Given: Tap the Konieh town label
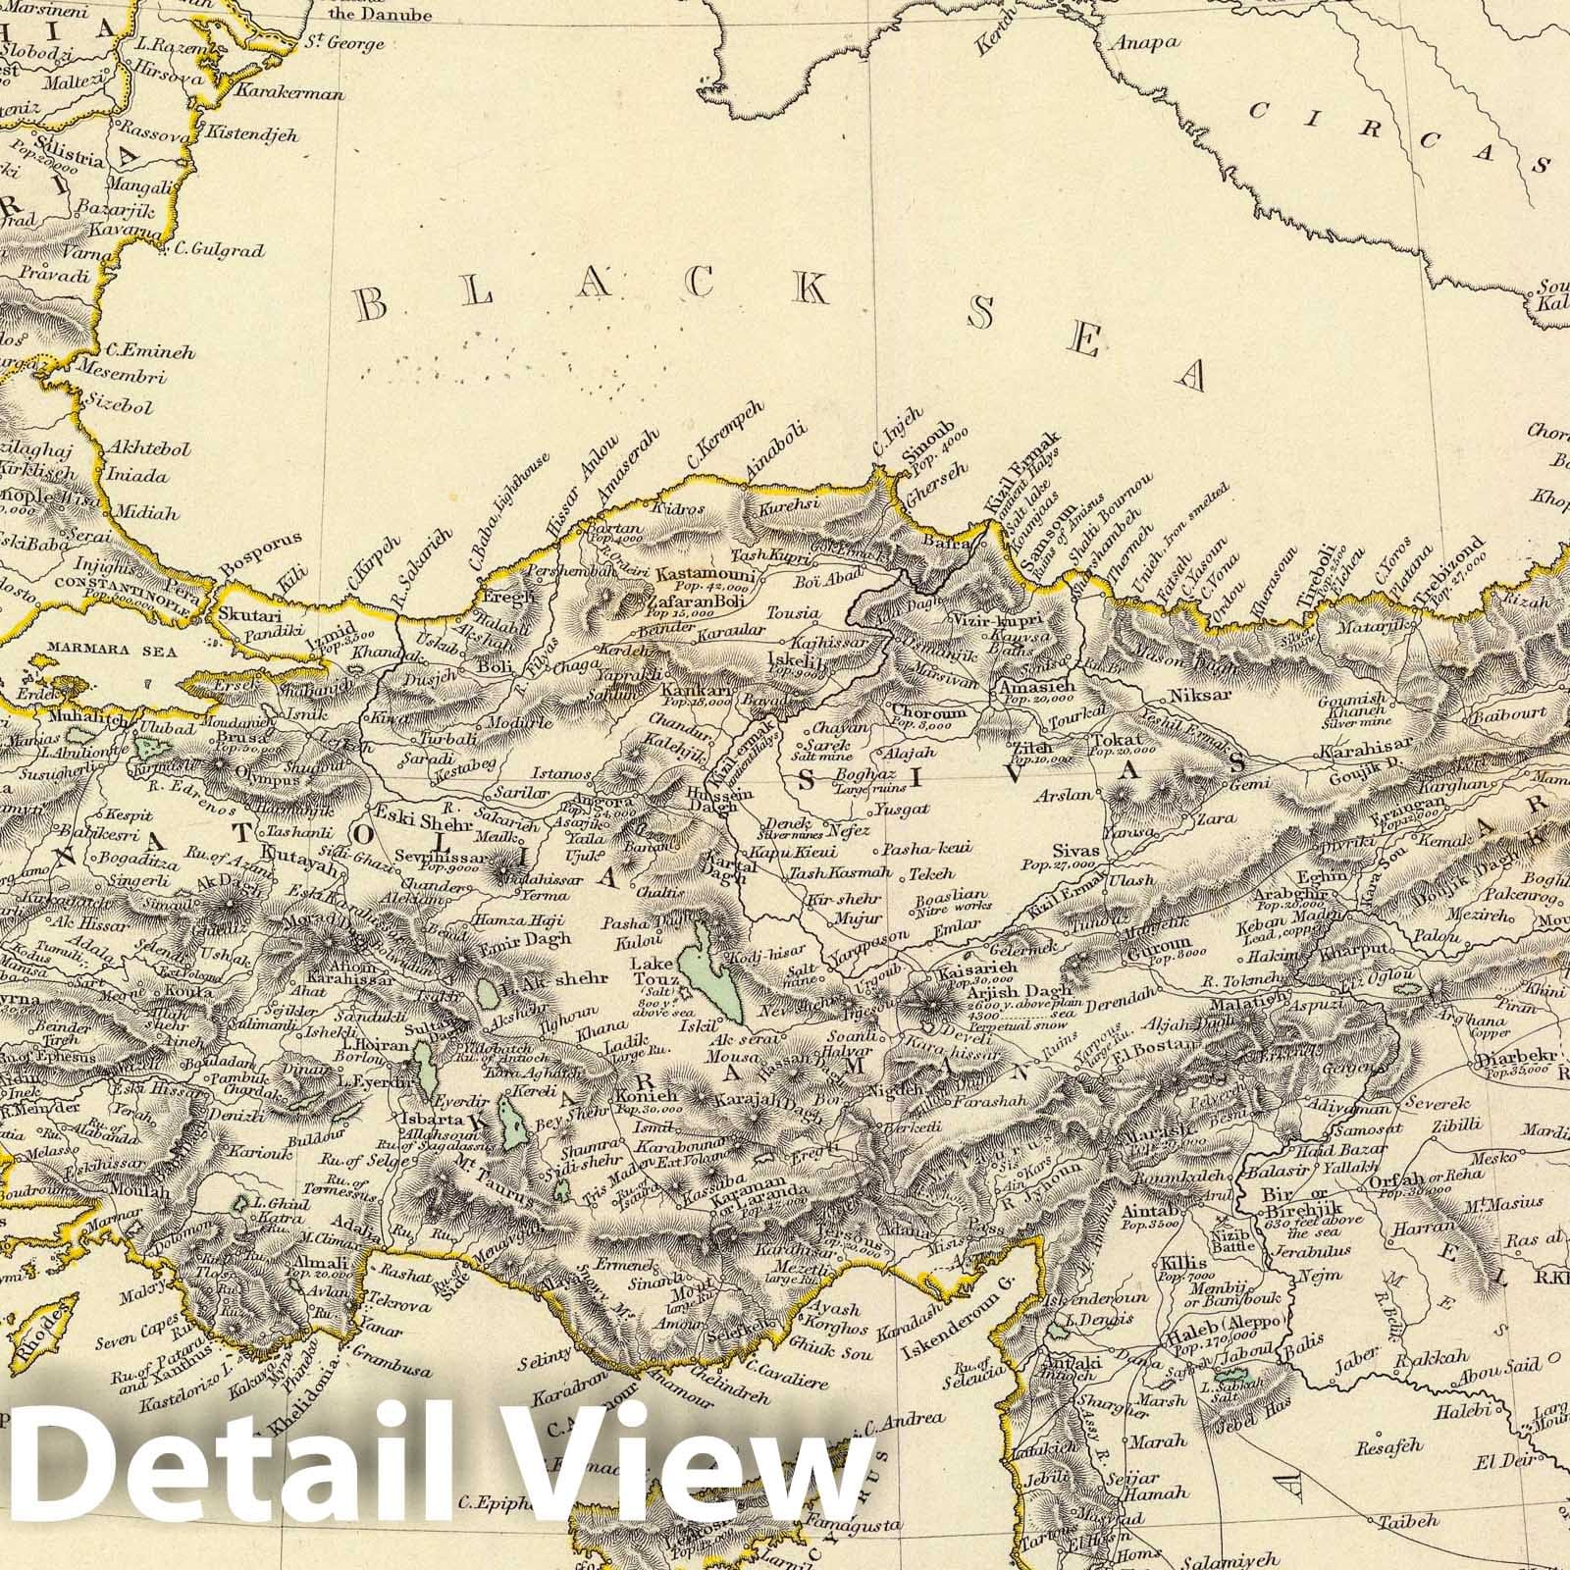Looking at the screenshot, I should (642, 1098).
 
